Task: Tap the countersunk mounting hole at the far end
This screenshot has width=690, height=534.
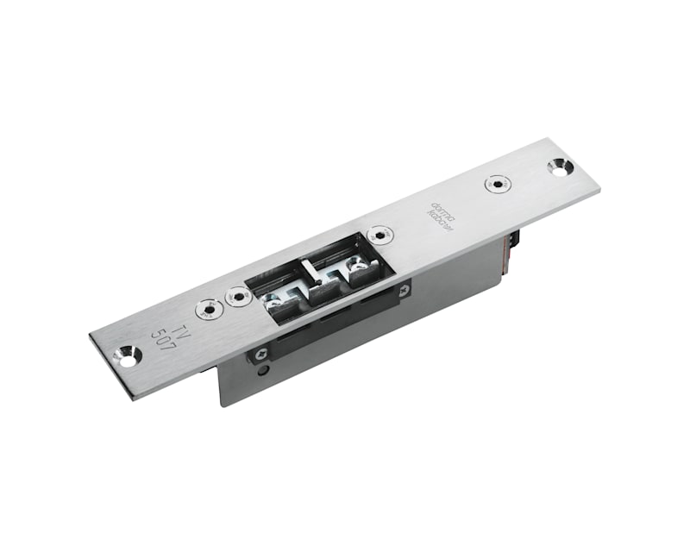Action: pyautogui.click(x=559, y=168)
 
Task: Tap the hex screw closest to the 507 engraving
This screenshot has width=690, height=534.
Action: pyautogui.click(x=207, y=309)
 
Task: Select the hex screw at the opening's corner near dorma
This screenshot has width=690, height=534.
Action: pyautogui.click(x=379, y=234)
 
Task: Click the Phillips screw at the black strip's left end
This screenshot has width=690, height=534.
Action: pyautogui.click(x=256, y=354)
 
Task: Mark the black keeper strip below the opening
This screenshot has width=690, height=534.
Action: pyautogui.click(x=328, y=325)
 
